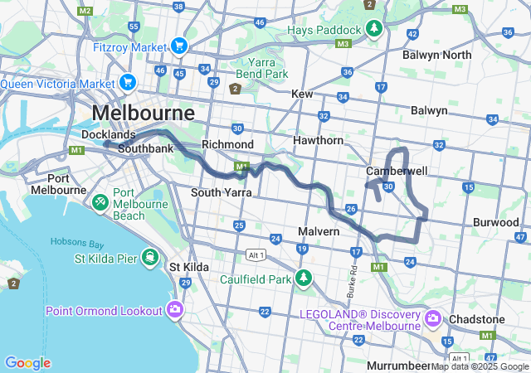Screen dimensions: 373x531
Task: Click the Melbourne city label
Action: [143, 112]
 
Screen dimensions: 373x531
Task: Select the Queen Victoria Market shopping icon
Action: [127, 82]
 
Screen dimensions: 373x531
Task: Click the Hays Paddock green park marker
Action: [375, 29]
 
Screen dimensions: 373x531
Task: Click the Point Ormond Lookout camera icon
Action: [175, 310]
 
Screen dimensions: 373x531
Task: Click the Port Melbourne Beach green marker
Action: [100, 201]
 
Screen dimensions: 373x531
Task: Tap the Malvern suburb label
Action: [319, 231]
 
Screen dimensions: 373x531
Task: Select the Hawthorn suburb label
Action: [318, 141]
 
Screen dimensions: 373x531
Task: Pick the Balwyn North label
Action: [436, 55]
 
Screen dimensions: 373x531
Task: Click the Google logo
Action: [27, 363]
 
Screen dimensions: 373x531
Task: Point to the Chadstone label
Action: [476, 319]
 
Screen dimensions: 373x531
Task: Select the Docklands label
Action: [108, 134]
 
